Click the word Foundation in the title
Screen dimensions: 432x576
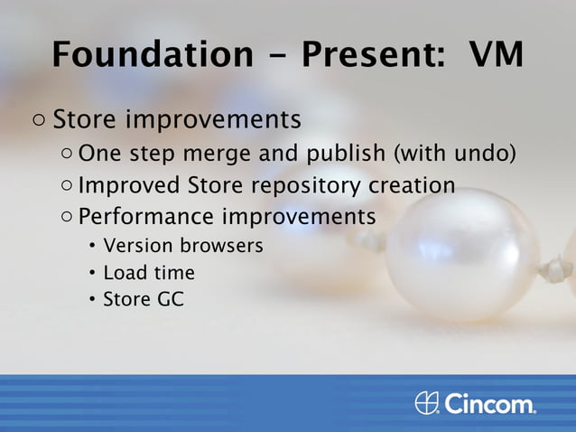coord(152,54)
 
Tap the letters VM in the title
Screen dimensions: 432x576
coord(496,54)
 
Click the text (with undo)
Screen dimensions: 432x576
coord(453,154)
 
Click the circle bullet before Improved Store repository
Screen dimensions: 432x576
coord(69,186)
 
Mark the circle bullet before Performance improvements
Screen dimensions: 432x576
coord(69,218)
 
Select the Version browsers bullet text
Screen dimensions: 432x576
coord(183,246)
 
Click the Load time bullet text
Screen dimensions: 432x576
coord(149,272)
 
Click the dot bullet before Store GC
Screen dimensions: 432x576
coord(93,300)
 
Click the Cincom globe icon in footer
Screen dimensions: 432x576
coord(427,402)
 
